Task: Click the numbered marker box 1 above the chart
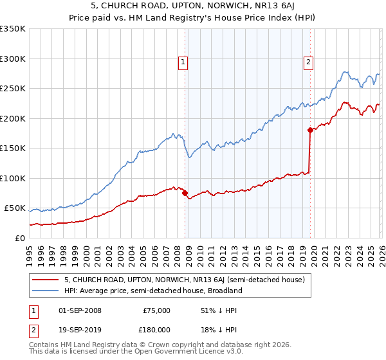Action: point(183,62)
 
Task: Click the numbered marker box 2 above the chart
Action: point(308,62)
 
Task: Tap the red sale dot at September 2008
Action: point(185,193)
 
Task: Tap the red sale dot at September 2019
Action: point(310,130)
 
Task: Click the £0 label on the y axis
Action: point(19,239)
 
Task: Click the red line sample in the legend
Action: point(46,280)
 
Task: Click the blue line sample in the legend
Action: point(46,291)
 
